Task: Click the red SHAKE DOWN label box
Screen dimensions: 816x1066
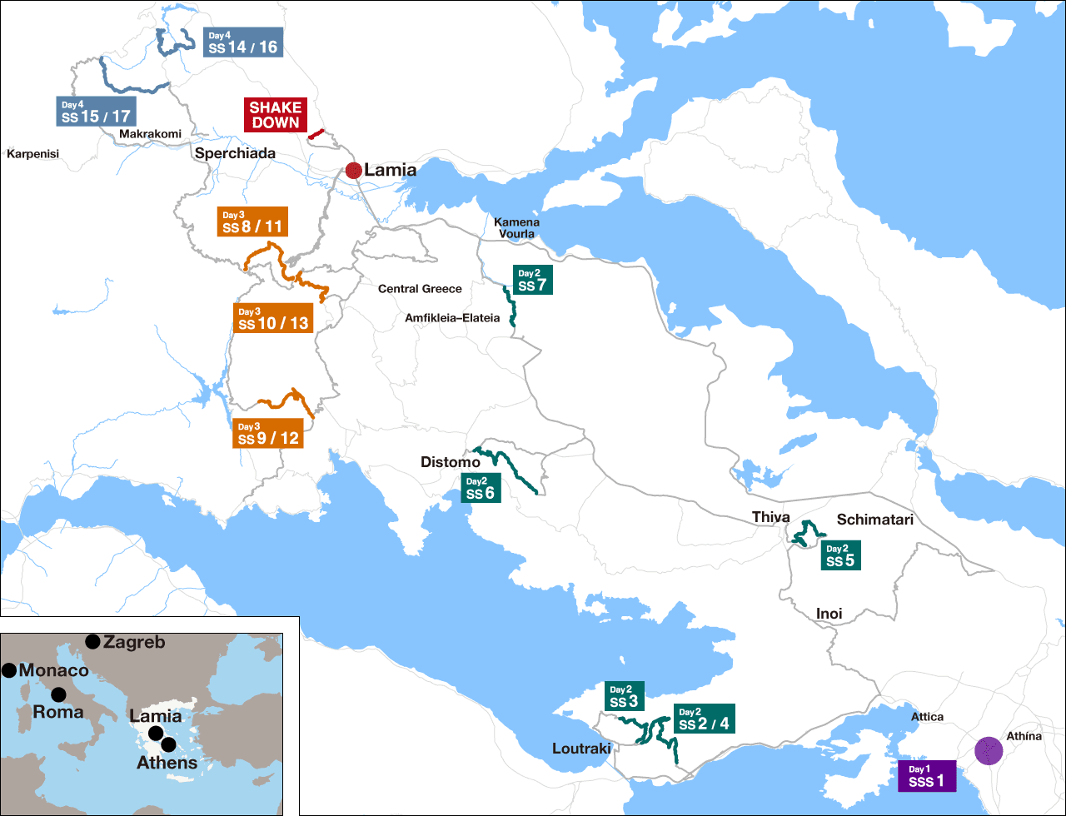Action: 276,115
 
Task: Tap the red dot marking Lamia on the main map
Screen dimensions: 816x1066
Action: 353,171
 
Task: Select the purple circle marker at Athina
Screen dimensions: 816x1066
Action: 989,750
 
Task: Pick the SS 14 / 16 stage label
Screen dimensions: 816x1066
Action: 243,42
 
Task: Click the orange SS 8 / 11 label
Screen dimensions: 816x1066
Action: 252,221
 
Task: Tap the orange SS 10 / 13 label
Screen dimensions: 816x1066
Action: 273,318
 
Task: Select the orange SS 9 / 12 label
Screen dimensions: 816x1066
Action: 268,433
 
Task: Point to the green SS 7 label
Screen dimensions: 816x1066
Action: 532,281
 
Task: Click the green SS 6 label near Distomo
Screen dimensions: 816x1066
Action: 481,488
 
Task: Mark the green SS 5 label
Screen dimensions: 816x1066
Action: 840,555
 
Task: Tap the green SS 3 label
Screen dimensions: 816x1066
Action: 624,697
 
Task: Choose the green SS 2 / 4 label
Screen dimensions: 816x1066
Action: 705,719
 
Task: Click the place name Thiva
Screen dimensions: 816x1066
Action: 770,517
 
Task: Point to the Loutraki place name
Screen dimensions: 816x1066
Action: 581,749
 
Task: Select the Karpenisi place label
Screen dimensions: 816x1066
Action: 33,154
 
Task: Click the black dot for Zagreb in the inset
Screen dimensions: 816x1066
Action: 92,641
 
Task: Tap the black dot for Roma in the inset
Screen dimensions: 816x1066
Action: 58,694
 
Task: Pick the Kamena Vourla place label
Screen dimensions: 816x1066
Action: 516,228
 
